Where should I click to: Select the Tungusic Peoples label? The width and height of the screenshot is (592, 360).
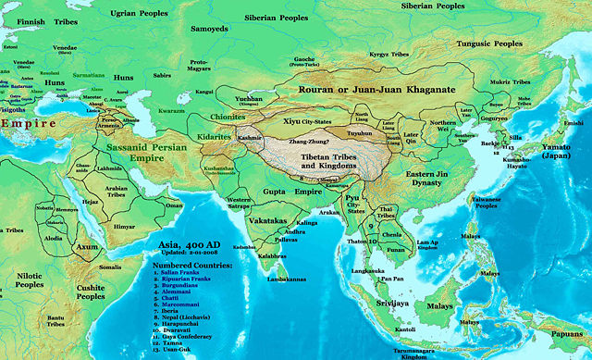[508, 43]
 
